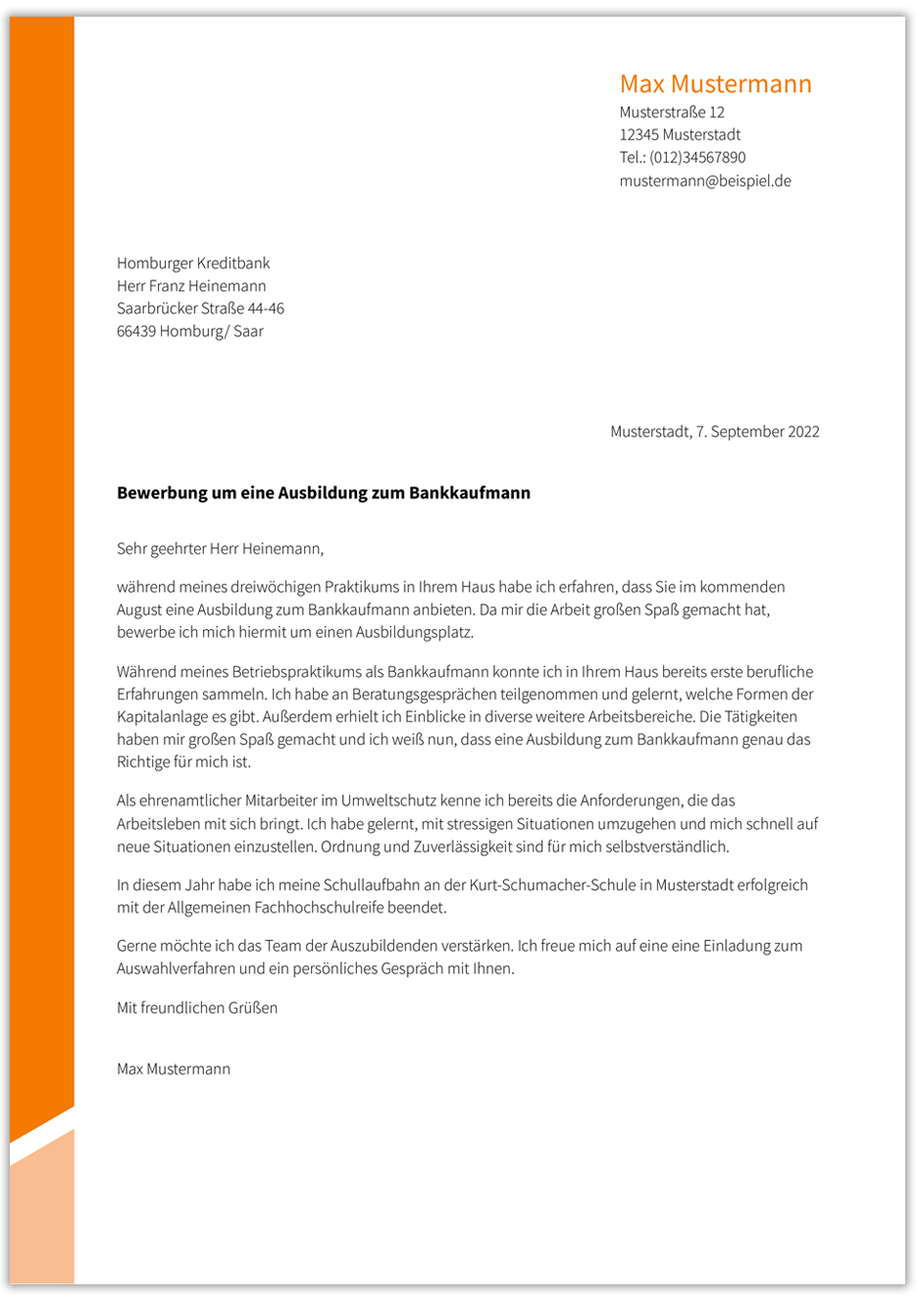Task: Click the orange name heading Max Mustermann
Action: point(715,84)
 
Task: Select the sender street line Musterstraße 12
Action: point(672,113)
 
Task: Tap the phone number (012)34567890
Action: point(697,158)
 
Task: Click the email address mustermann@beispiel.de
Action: point(705,182)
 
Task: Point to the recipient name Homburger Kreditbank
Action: point(193,264)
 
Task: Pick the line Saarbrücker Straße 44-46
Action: point(200,309)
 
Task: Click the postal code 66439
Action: point(136,332)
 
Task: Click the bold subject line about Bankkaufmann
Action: point(324,494)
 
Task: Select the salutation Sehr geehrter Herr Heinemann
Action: point(220,549)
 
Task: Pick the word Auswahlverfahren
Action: point(176,969)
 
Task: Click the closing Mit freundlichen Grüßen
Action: point(197,1009)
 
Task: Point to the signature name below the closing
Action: point(174,1069)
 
